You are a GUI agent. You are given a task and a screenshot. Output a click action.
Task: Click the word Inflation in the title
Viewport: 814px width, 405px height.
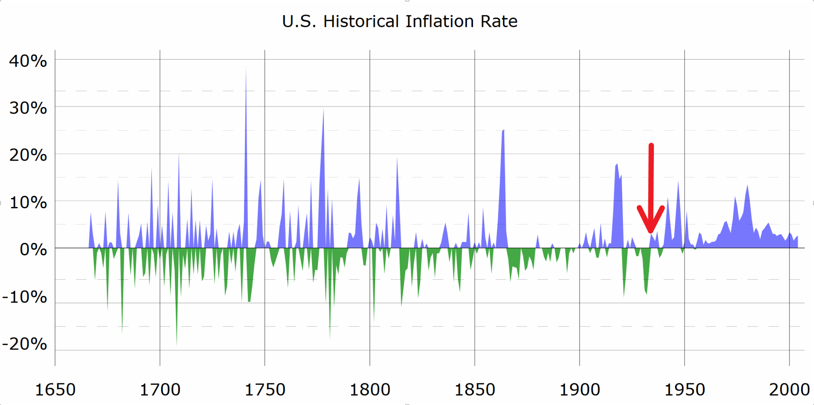[x=439, y=21]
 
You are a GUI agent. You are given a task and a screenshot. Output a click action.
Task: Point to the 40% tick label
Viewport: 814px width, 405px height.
[x=28, y=61]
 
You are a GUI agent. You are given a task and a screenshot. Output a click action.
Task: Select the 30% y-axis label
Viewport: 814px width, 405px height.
[x=28, y=108]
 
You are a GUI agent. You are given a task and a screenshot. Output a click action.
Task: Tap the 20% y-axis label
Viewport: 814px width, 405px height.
[x=28, y=155]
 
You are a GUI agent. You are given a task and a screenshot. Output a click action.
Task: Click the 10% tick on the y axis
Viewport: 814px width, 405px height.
[x=28, y=202]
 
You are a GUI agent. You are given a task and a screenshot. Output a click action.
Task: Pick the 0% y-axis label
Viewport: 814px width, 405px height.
[x=33, y=250]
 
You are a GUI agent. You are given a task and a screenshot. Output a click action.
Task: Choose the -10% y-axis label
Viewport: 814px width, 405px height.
[x=24, y=297]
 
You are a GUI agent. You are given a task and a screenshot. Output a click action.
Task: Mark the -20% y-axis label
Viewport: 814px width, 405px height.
[x=24, y=344]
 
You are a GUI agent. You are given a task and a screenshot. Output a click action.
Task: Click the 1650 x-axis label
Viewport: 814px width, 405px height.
[x=55, y=390]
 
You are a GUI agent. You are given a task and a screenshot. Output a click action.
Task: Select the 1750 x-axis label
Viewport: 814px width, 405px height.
[x=265, y=390]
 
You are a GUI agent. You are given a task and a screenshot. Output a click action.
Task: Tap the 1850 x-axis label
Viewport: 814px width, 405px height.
[x=474, y=390]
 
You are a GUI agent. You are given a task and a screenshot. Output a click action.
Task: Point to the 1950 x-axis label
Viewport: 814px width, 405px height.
[x=684, y=390]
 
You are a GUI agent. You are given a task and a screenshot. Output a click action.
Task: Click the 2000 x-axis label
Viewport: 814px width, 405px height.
[x=789, y=390]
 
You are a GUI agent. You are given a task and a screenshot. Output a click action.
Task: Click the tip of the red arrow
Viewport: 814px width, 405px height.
[x=651, y=231]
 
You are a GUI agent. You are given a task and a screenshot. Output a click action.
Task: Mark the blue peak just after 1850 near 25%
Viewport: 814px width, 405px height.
[x=503, y=131]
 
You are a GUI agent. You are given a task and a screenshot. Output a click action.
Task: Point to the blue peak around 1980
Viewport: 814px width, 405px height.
[x=748, y=187]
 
